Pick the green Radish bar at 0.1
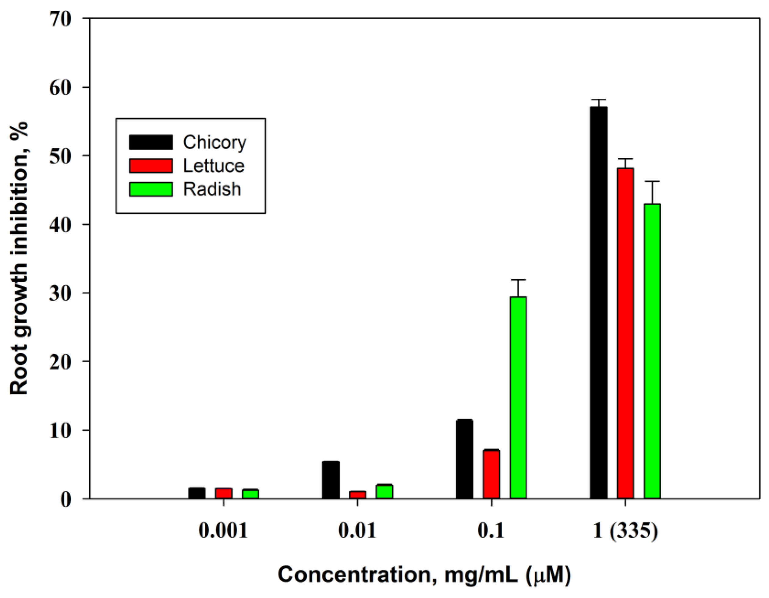point(518,398)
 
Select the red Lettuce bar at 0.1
point(491,474)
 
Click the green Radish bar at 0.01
point(384,491)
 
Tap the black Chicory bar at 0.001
point(197,493)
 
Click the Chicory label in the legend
point(214,142)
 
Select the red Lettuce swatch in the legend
point(151,166)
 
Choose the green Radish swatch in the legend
point(151,189)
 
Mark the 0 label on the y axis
point(66,499)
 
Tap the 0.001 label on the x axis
point(223,530)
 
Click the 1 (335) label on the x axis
point(625,530)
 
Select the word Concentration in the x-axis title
point(355,575)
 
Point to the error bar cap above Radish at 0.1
point(518,280)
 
